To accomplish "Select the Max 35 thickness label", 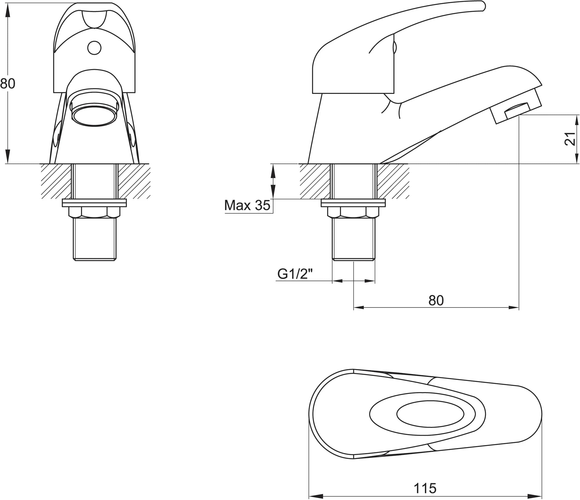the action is click(247, 206).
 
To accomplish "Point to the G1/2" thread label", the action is click(295, 274).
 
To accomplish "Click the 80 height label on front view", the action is click(8, 84).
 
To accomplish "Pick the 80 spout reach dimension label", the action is click(436, 301).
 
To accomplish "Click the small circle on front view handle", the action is click(94, 48).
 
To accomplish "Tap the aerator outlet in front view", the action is click(94, 115).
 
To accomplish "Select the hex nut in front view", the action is click(94, 212).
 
